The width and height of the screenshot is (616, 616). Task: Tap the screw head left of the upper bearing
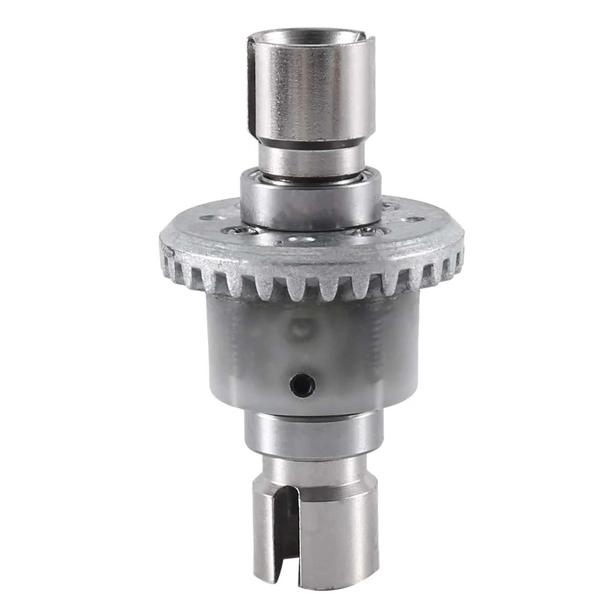point(238,232)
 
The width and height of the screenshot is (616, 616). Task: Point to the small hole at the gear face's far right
point(411,220)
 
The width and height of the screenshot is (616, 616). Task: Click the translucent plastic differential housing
point(313,349)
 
